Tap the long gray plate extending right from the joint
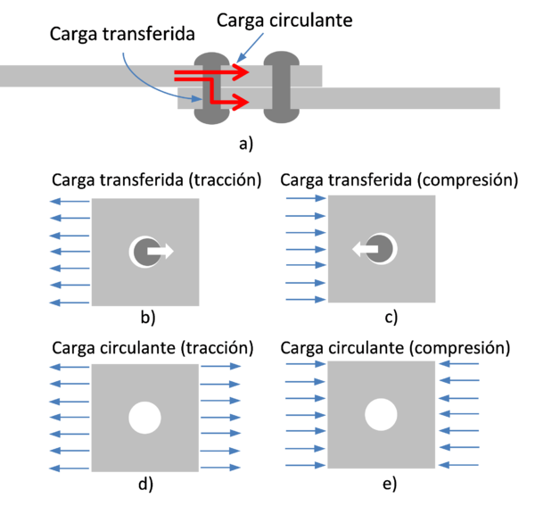pyautogui.click(x=419, y=97)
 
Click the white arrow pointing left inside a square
pyautogui.click(x=366, y=251)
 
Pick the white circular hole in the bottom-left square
pyautogui.click(x=144, y=417)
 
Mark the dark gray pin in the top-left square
pyautogui.click(x=143, y=252)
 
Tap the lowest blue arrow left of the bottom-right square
pyautogui.click(x=305, y=466)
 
